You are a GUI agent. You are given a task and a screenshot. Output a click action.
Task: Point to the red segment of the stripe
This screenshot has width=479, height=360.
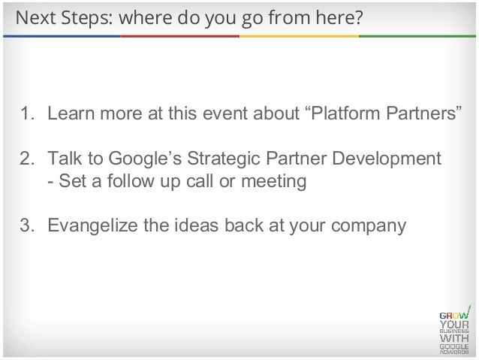tap(180, 35)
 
